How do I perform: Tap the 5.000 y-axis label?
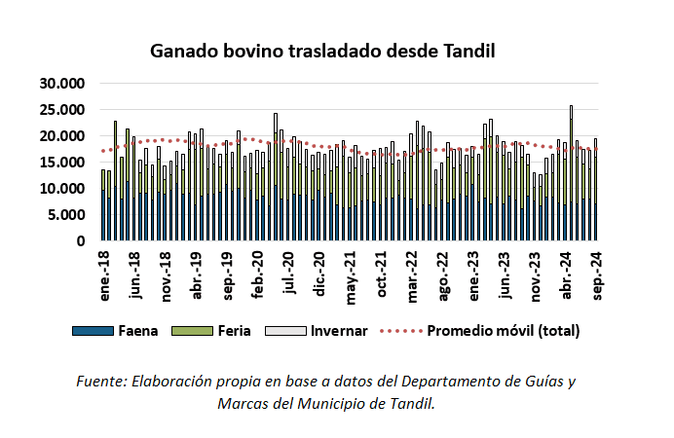(x=63, y=215)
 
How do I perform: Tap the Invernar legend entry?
(x=338, y=331)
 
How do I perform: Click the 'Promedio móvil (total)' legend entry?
(x=503, y=331)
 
